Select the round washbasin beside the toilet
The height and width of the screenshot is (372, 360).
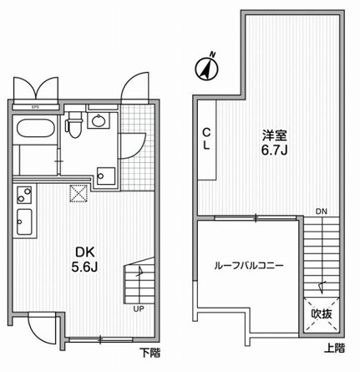98,120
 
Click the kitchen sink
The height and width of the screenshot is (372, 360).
24,222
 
